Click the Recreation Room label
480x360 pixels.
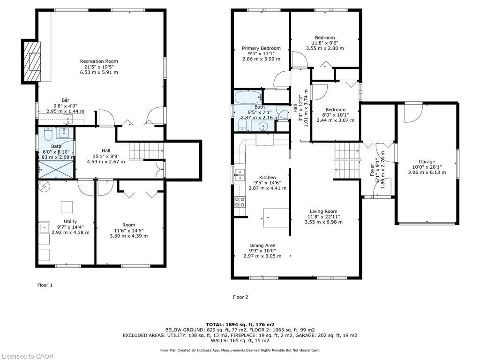[x=99, y=61]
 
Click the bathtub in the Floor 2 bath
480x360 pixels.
[x=247, y=97]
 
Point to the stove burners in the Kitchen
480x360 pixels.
[x=240, y=202]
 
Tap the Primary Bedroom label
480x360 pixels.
[x=261, y=48]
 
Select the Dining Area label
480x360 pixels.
[x=262, y=246]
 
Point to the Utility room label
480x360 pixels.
[x=70, y=222]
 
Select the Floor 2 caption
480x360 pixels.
[x=240, y=297]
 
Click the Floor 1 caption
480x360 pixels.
[x=45, y=285]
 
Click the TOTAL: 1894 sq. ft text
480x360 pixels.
[x=240, y=324]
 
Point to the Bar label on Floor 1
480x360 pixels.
[x=65, y=100]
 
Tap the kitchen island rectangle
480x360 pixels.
[x=276, y=218]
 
